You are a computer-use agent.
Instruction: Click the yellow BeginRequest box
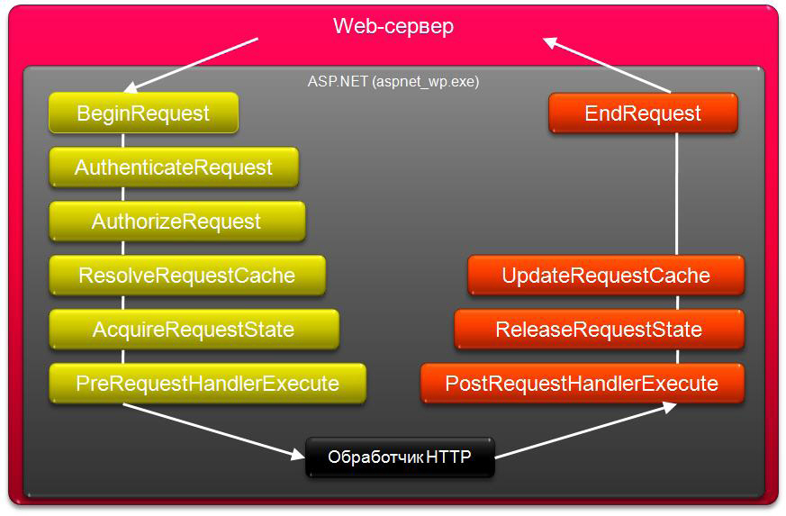pyautogui.click(x=143, y=113)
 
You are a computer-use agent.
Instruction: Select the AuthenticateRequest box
pyautogui.click(x=174, y=167)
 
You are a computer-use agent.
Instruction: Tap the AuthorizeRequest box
pyautogui.click(x=177, y=222)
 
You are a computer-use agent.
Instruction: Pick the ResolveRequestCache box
pyautogui.click(x=187, y=276)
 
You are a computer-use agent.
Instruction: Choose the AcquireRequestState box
pyautogui.click(x=194, y=330)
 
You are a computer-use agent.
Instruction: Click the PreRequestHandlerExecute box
pyautogui.click(x=207, y=384)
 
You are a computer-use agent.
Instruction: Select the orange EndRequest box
pyautogui.click(x=643, y=113)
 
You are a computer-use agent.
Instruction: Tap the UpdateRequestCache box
pyautogui.click(x=606, y=276)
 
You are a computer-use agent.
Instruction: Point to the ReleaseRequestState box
pyautogui.click(x=600, y=330)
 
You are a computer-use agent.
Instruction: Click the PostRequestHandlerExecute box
pyautogui.click(x=583, y=384)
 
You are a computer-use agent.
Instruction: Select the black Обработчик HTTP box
pyautogui.click(x=400, y=457)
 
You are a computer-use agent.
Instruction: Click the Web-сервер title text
pyautogui.click(x=393, y=26)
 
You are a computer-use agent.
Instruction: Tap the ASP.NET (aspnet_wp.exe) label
pyautogui.click(x=393, y=81)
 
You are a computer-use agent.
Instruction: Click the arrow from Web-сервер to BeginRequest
pyautogui.click(x=191, y=66)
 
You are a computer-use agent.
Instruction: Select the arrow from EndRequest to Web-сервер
pyautogui.click(x=607, y=65)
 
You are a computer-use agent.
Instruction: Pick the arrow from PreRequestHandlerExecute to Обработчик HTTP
pyautogui.click(x=214, y=431)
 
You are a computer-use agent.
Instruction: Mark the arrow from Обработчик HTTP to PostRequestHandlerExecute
pyautogui.click(x=586, y=430)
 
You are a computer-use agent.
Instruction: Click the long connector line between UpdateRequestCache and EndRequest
pyautogui.click(x=677, y=195)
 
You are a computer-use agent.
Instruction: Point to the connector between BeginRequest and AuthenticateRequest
pyautogui.click(x=123, y=140)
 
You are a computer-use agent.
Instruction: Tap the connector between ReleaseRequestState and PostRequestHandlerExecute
pyautogui.click(x=677, y=357)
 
